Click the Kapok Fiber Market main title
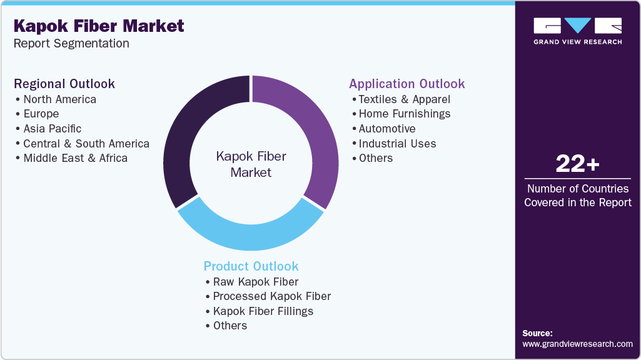point(99,26)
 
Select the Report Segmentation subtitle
point(71,44)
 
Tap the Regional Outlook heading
point(64,84)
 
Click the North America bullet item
point(59,99)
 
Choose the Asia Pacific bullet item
point(52,129)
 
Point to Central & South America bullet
point(86,144)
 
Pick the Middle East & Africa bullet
point(75,158)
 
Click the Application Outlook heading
point(406,84)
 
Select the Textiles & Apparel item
point(404,99)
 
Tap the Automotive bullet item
point(386,129)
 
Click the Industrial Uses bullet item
point(397,144)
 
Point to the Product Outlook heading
point(251,266)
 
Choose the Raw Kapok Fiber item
point(255,282)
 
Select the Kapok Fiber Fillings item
point(263,311)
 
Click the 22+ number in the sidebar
point(577,164)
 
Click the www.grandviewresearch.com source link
point(577,344)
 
